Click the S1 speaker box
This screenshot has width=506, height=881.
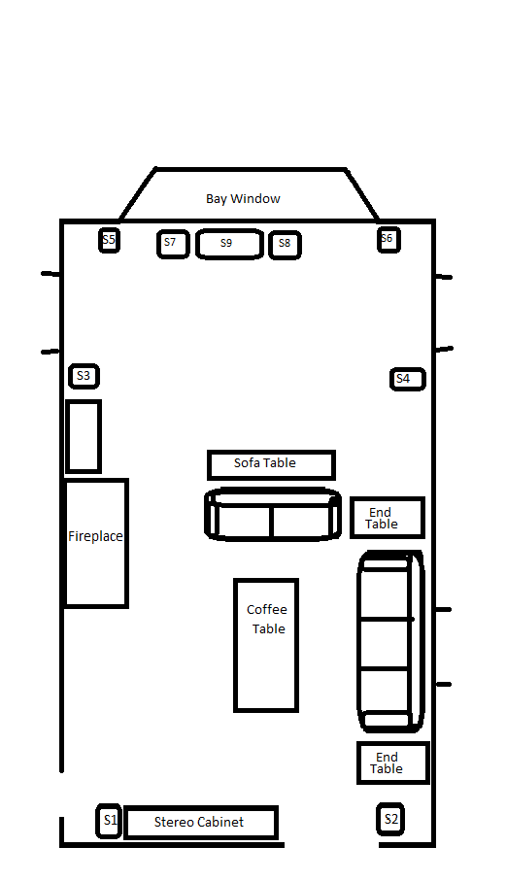pyautogui.click(x=109, y=821)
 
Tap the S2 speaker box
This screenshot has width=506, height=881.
pyautogui.click(x=390, y=819)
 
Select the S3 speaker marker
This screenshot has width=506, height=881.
pyautogui.click(x=84, y=376)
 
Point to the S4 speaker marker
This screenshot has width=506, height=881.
pyautogui.click(x=408, y=379)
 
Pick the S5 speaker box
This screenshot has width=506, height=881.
pyautogui.click(x=109, y=241)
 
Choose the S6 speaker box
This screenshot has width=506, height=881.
pyautogui.click(x=388, y=240)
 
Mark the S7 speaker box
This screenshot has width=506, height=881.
pyautogui.click(x=173, y=245)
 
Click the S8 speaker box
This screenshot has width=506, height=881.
pyautogui.click(x=285, y=245)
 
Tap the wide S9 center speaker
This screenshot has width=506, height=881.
pyautogui.click(x=229, y=245)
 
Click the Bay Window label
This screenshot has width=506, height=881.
pyautogui.click(x=243, y=198)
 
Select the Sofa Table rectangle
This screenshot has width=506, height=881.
pyautogui.click(x=271, y=464)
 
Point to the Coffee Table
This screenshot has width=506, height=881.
pyautogui.click(x=266, y=645)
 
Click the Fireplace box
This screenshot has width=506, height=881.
pyautogui.click(x=96, y=543)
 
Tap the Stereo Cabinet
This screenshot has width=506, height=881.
pyautogui.click(x=201, y=823)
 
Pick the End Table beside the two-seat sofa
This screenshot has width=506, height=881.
pyautogui.click(x=387, y=518)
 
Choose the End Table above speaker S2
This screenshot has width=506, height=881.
pyautogui.click(x=393, y=762)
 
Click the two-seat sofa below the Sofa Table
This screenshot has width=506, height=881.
pyautogui.click(x=272, y=514)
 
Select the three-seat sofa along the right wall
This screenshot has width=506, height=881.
pyautogui.click(x=390, y=641)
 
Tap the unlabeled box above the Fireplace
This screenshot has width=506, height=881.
pyautogui.click(x=84, y=436)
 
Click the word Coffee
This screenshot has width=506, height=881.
pyautogui.click(x=267, y=610)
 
